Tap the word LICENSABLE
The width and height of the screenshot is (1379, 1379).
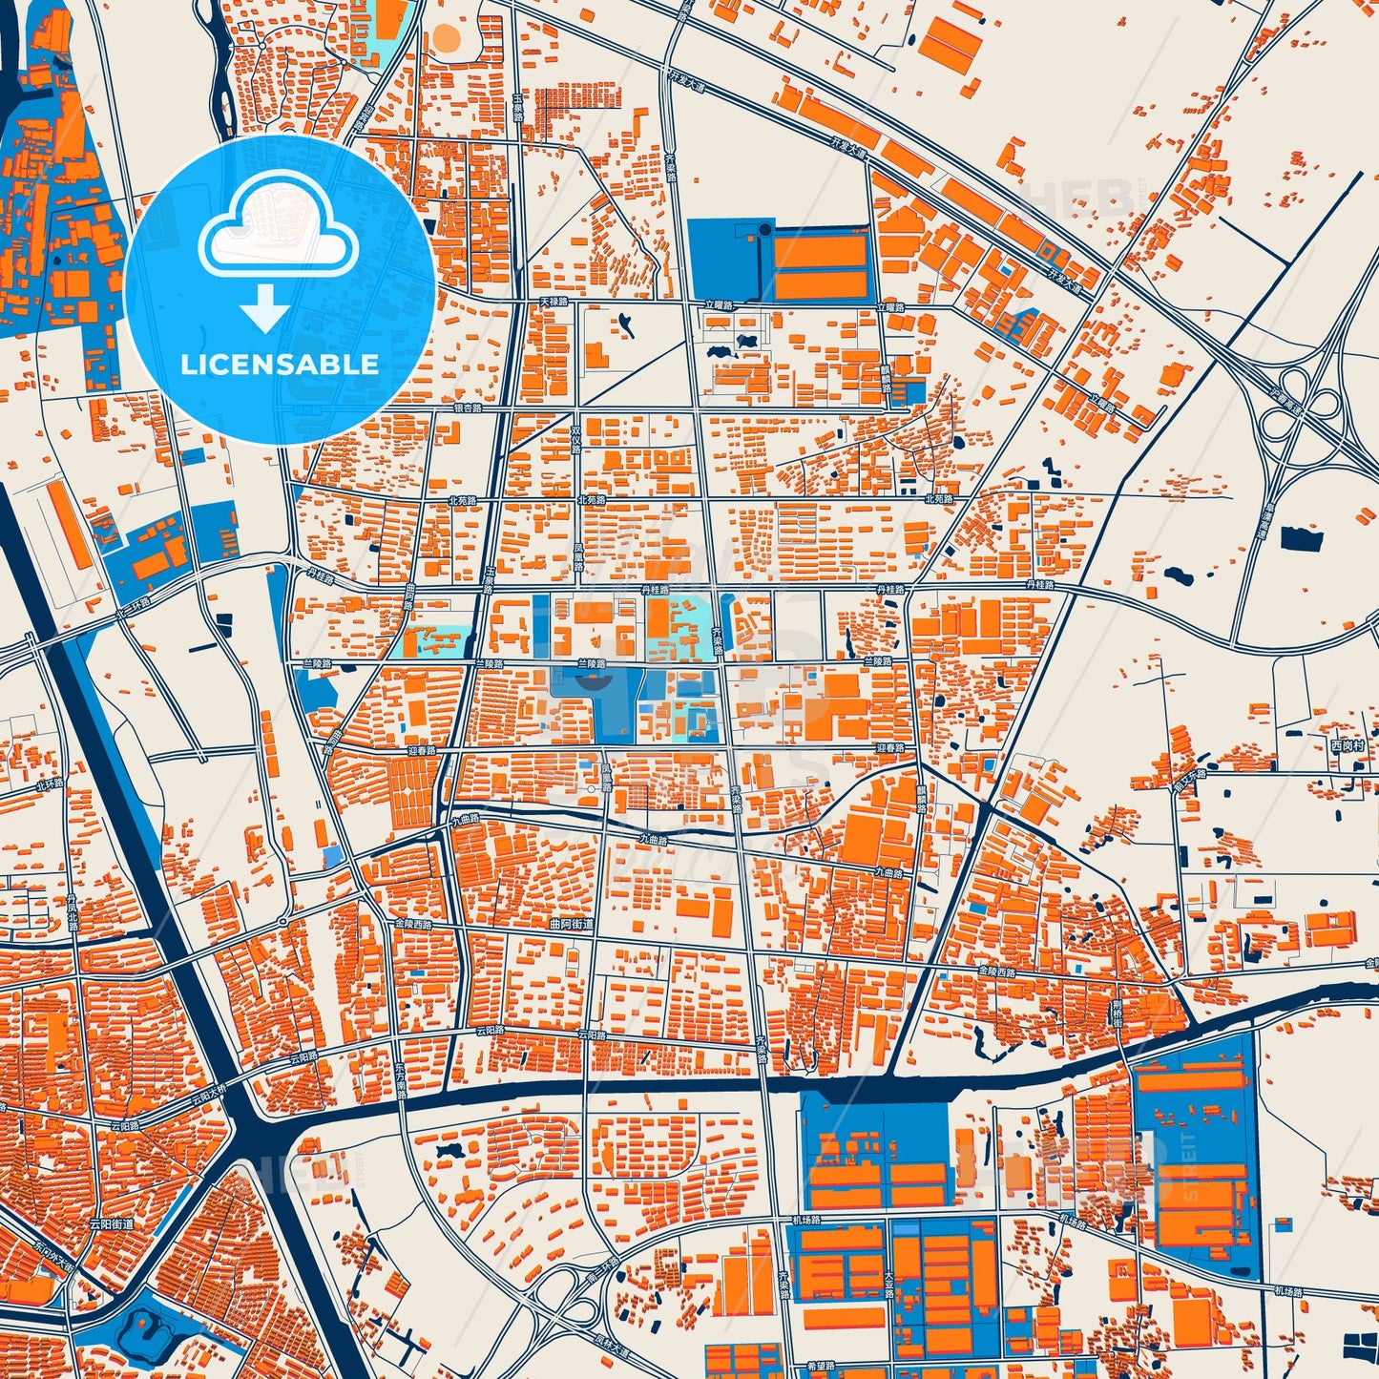click(x=280, y=365)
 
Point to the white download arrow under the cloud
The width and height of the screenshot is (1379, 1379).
click(x=265, y=309)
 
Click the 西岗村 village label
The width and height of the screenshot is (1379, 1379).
click(x=1348, y=745)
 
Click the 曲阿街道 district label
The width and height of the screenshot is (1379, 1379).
click(x=572, y=925)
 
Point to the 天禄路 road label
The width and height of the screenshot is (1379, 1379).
click(x=554, y=302)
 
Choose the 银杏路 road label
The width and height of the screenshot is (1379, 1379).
click(x=468, y=407)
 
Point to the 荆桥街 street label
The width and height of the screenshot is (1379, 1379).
click(x=1116, y=1012)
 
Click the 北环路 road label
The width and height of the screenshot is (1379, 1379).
click(x=50, y=784)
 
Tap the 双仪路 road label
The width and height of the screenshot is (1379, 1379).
click(x=575, y=441)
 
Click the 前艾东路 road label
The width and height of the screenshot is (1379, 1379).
click(x=1190, y=774)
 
